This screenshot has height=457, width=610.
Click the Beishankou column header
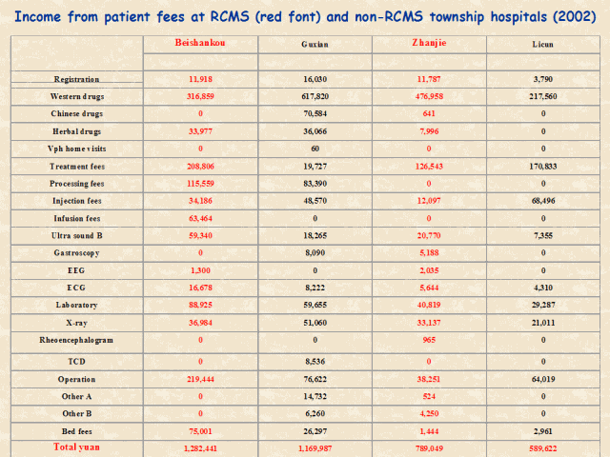click(201, 44)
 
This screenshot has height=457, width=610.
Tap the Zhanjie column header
click(428, 44)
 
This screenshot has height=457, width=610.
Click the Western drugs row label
click(77, 96)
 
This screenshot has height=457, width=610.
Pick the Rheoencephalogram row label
click(77, 340)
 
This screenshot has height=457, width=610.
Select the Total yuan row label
click(77, 447)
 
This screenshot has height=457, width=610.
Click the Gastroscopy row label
click(77, 253)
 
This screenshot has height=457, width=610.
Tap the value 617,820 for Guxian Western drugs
click(315, 96)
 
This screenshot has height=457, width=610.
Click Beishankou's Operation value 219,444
click(201, 378)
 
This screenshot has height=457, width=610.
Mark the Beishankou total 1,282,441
click(201, 447)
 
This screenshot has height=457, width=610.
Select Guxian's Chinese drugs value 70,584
click(315, 113)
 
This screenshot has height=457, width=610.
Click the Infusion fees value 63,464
click(201, 218)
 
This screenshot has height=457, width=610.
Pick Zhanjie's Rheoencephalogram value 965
click(428, 340)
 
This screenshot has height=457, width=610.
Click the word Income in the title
click(44, 16)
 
